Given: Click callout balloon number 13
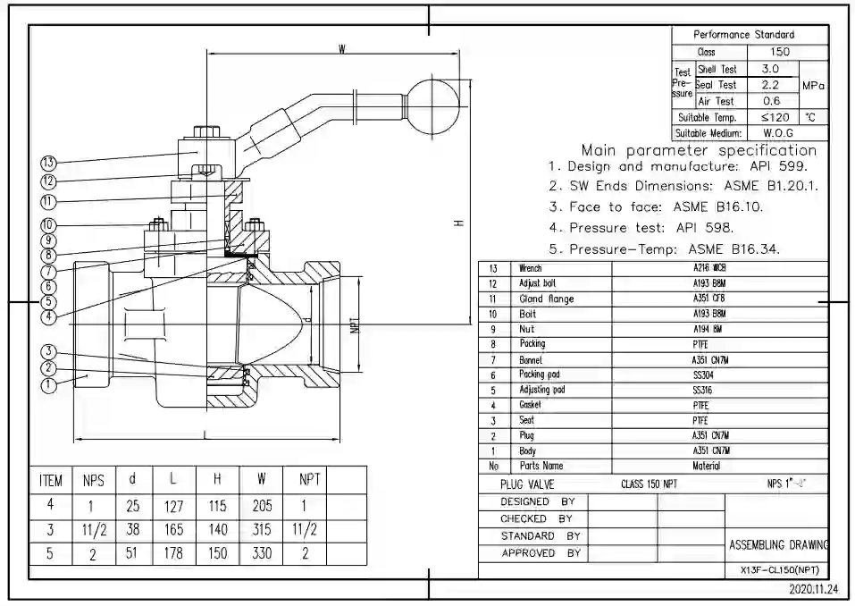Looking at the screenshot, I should point(48,163).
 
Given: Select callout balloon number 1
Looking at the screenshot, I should point(48,385).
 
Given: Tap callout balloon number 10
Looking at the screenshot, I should point(48,225).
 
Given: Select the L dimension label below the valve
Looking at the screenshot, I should point(207,433).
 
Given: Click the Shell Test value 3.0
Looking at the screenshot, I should point(770,69).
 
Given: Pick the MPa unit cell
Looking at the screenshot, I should point(813,86).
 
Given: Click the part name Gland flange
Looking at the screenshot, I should point(546,299).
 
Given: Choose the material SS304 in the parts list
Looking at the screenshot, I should point(702,375).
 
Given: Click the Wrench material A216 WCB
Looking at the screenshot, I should point(709,268).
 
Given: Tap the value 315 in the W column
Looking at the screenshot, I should point(262,529).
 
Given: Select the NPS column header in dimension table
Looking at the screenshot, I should point(94,480).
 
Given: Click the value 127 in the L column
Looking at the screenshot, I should point(173,506).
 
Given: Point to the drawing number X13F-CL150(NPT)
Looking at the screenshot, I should point(779,570).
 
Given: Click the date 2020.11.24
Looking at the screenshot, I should point(813,590).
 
